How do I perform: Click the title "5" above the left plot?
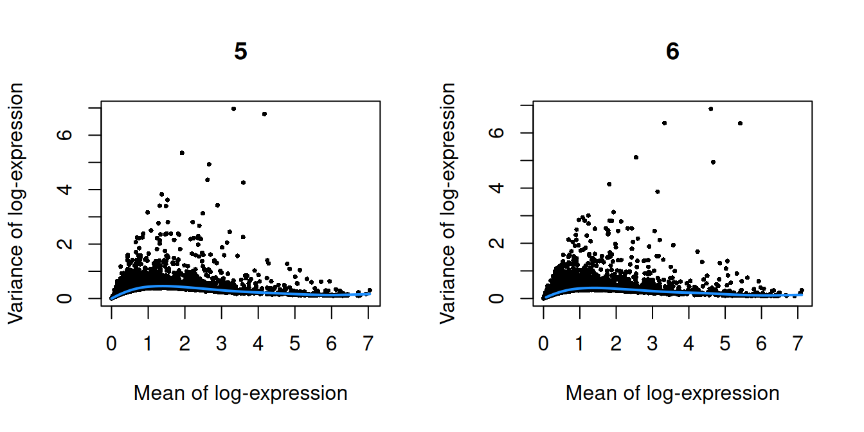tap(240, 52)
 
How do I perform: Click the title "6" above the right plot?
tap(672, 52)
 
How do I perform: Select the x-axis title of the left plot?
tap(240, 393)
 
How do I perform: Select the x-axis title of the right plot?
tap(672, 393)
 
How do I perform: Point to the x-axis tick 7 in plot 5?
tap(368, 345)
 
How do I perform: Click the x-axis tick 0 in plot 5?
tap(112, 345)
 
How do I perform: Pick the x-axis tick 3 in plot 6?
tap(652, 345)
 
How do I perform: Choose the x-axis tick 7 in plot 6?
tap(798, 345)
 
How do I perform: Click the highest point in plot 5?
tap(233, 109)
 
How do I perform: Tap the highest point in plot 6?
tap(710, 109)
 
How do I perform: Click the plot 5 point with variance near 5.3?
tap(182, 153)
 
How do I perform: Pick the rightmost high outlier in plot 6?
tap(740, 123)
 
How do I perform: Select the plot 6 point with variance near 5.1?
tap(636, 157)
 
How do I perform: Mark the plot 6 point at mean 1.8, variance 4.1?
tap(609, 184)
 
